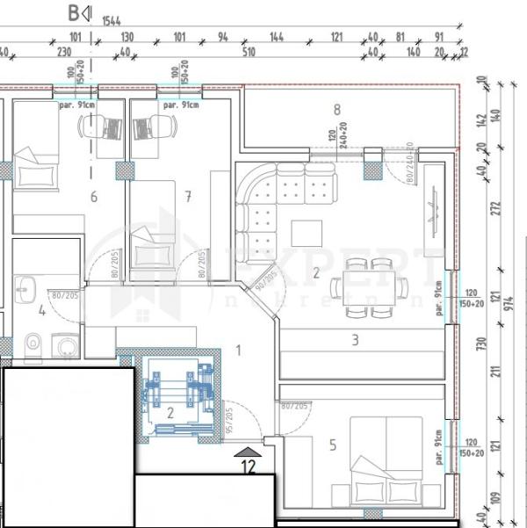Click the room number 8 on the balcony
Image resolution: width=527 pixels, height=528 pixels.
[x=336, y=110]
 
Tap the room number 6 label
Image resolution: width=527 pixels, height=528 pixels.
[x=94, y=196]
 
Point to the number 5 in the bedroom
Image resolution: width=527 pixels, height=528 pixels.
[x=332, y=445]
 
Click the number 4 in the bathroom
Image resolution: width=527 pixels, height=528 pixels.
[x=41, y=309]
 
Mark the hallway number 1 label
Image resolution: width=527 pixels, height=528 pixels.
[x=238, y=351]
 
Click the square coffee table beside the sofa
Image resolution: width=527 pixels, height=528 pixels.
[x=307, y=232]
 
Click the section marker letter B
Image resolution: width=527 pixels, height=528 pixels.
[x=74, y=13]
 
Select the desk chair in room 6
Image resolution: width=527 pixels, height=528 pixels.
[x=91, y=127]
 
